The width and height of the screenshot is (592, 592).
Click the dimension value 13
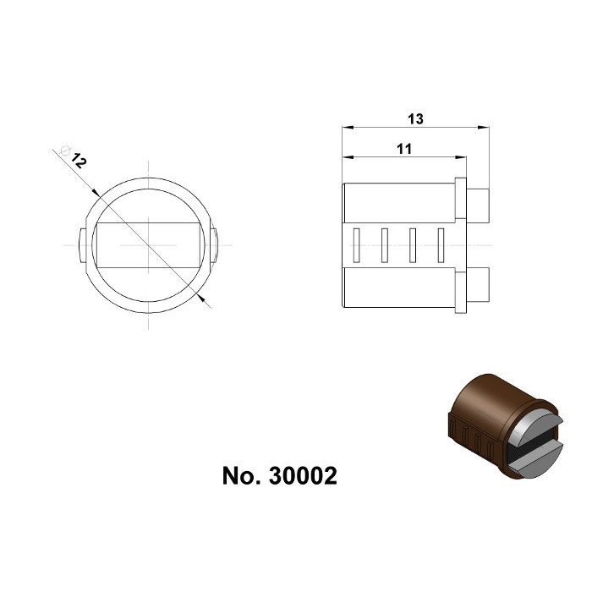click(x=414, y=119)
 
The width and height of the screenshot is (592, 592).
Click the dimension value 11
click(x=403, y=149)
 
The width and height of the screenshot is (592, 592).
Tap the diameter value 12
click(x=79, y=160)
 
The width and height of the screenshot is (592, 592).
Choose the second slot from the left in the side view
click(x=385, y=244)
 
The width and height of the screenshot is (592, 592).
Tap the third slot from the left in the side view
click(x=412, y=244)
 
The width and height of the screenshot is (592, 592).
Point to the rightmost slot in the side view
click(x=440, y=244)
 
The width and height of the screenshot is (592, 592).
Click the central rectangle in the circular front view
click(x=147, y=244)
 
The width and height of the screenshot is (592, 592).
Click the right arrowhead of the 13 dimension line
click(x=486, y=129)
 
